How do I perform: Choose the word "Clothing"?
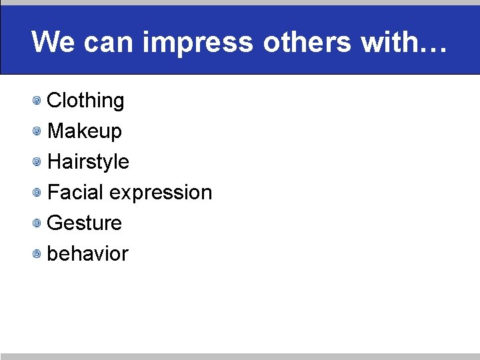(x=86, y=101)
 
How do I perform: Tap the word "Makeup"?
(x=85, y=131)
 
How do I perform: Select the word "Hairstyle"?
(x=88, y=162)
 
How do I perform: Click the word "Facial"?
(x=75, y=192)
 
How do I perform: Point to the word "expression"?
(x=161, y=193)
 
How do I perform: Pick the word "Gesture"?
(x=85, y=223)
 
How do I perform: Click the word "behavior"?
(x=87, y=253)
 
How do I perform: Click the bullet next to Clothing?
(x=38, y=101)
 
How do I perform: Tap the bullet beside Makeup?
(x=38, y=132)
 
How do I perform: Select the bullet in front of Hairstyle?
(x=38, y=162)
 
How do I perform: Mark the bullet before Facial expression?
(x=38, y=193)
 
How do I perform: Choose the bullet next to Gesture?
(x=38, y=223)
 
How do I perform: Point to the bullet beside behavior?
(x=38, y=254)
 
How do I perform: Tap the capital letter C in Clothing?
(x=55, y=101)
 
